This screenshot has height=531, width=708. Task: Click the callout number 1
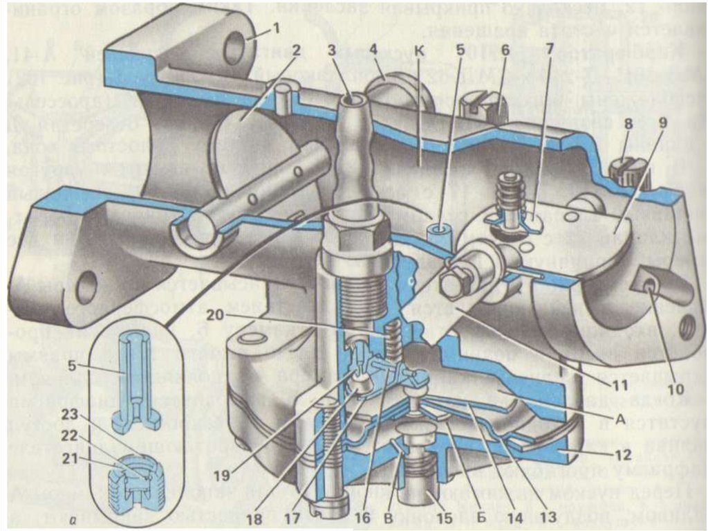point(277,29)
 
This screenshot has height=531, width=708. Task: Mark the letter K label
point(420,51)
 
